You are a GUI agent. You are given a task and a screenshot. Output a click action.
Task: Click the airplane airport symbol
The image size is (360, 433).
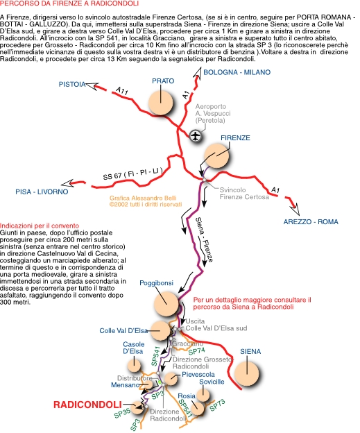pos(196,136)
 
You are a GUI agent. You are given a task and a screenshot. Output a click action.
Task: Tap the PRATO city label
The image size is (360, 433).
pos(163,81)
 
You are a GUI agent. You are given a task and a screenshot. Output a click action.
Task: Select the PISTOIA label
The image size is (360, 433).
pos(72,84)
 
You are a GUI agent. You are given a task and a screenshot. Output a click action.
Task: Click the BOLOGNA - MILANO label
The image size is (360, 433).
pos(237,72)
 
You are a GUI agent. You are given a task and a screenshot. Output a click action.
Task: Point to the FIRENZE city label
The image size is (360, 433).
pos(235,138)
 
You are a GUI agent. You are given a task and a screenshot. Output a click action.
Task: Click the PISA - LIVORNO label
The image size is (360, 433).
pos(42,192)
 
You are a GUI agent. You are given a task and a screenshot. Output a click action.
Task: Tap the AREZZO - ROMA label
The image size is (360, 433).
pos(311,222)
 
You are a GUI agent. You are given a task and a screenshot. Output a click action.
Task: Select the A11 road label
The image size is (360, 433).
pos(121,91)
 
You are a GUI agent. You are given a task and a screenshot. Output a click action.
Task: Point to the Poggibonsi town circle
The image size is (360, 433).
pos(166,304)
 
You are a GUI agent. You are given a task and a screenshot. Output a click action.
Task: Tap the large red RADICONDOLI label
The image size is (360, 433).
pos(87,405)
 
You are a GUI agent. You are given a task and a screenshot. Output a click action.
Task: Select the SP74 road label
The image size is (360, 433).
pos(196,351)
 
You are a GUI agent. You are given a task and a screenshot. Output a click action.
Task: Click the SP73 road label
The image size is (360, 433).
pos(218,405)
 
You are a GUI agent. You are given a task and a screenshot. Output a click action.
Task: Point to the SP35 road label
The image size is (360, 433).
pos(122,413)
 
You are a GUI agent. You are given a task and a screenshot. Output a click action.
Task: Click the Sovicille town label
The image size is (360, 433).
pos(212,382)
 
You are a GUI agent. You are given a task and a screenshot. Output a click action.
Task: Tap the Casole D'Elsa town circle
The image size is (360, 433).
pos(134,365)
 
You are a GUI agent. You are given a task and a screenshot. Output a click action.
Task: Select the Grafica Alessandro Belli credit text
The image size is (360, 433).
pos(143,198)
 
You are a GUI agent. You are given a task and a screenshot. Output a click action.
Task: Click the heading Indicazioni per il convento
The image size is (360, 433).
pos(40,226)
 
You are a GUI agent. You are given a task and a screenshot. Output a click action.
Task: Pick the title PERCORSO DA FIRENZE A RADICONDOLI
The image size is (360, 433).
pos(69,3)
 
